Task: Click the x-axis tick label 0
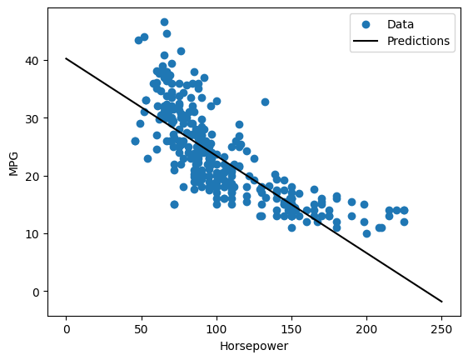point(67,329)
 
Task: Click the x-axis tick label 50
point(142,329)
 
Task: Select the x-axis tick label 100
point(217,329)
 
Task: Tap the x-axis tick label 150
point(291,329)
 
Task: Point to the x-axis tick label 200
point(366,329)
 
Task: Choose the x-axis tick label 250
point(441,329)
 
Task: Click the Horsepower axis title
point(254,345)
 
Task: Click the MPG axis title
point(12,163)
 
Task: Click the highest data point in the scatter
point(164,22)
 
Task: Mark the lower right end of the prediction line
point(441,302)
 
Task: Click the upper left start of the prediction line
point(67,58)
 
